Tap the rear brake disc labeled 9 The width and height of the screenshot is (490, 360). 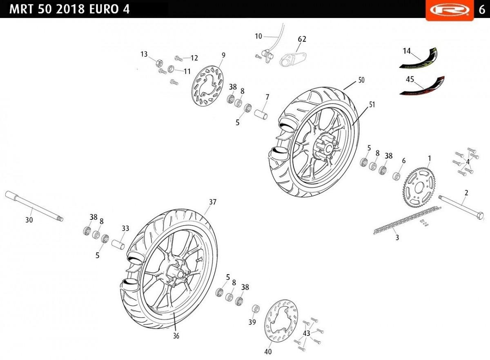coord(208,88)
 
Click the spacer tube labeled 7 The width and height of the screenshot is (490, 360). coord(262,113)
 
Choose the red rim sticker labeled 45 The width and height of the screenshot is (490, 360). coord(423,86)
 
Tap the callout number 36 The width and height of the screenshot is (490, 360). coord(176,336)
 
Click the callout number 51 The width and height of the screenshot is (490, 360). coord(372,105)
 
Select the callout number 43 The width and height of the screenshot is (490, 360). coord(307,333)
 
